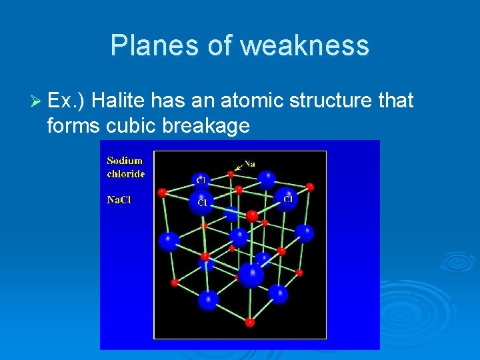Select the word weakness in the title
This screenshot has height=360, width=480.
pyautogui.click(x=305, y=45)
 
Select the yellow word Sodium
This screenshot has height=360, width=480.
pyautogui.click(x=125, y=161)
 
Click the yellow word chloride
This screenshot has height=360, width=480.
pyautogui.click(x=126, y=173)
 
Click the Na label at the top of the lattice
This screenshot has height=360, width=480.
pyautogui.click(x=249, y=163)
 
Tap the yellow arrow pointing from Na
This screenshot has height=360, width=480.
pyautogui.click(x=237, y=168)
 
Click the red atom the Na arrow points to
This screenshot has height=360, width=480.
pyautogui.click(x=231, y=174)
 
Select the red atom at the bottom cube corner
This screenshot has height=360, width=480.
pyautogui.click(x=249, y=323)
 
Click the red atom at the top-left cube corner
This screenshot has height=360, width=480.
pyautogui.click(x=162, y=193)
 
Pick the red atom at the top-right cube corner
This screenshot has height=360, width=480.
pyautogui.click(x=310, y=187)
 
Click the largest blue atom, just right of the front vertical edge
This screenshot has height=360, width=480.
pyautogui.click(x=251, y=275)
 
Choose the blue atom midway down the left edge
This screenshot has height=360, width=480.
pyautogui.click(x=169, y=241)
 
